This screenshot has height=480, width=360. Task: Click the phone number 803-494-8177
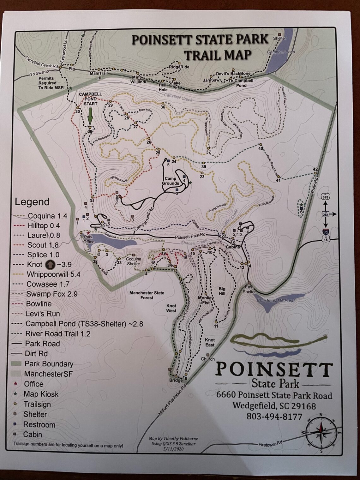tap(274, 417)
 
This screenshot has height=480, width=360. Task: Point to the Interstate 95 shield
tap(325, 231)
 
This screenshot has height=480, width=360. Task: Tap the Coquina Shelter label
tap(133, 261)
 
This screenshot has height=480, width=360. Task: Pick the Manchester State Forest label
tap(147, 295)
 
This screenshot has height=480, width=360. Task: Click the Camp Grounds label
tap(170, 181)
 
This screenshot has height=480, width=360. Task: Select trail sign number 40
tap(261, 148)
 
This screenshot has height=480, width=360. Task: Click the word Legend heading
tap(32, 202)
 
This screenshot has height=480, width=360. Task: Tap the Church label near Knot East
tap(208, 359)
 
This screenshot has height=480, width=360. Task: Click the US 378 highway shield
tap(325, 196)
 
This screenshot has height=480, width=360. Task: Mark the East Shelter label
tap(249, 289)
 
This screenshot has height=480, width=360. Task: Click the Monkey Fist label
tap(206, 300)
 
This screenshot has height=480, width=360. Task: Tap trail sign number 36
tap(163, 107)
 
